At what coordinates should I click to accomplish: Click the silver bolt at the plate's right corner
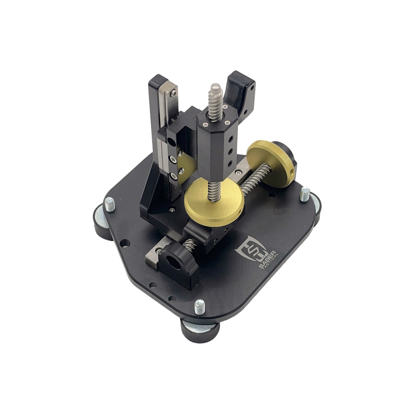[x=305, y=194]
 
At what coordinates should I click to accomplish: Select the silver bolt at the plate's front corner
[x=199, y=308]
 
